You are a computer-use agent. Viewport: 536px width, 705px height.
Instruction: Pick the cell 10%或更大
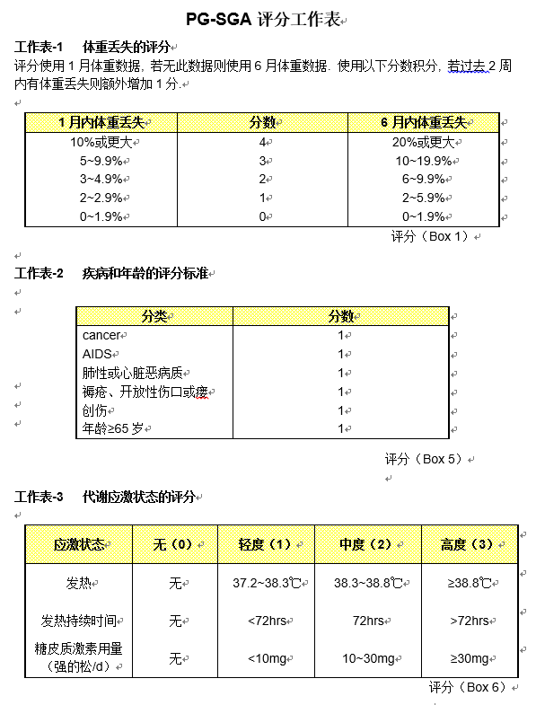pos(101,142)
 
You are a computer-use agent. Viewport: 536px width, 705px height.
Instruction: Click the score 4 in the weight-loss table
pos(262,142)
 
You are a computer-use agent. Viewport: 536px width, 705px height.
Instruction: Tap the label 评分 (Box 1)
pos(430,236)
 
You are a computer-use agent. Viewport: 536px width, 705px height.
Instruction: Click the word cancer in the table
pos(101,335)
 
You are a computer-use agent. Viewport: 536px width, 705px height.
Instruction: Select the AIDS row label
pos(96,354)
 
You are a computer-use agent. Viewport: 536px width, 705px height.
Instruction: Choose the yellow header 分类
pos(154,316)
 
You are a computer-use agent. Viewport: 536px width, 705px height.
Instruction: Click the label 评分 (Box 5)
pos(424,459)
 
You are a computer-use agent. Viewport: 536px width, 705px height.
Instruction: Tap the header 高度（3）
pos(467,544)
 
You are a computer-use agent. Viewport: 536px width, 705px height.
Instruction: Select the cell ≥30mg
pos(468,658)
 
